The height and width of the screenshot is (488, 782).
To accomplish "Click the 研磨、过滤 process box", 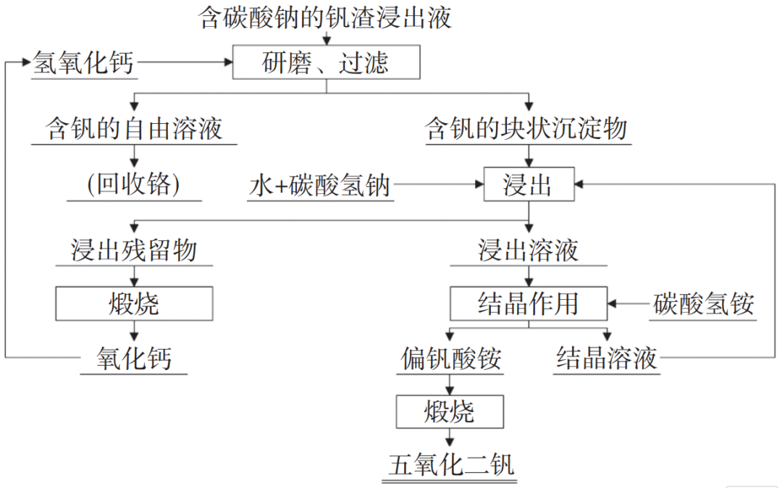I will click(326, 62).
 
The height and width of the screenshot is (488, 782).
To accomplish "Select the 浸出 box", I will click(529, 186).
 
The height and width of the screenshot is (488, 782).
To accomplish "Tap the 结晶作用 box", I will click(529, 303).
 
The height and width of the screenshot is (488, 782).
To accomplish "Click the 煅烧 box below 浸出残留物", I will click(134, 303).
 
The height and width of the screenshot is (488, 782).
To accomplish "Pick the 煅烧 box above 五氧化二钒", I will click(449, 412).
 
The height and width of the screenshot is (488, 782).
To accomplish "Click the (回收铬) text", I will click(134, 185).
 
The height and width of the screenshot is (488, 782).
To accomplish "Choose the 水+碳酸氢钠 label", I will click(320, 186).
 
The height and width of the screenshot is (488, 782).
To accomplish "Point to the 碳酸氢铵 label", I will click(703, 303).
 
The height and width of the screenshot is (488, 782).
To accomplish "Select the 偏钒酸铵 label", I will click(450, 358).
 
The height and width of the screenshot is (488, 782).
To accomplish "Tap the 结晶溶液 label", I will click(607, 358).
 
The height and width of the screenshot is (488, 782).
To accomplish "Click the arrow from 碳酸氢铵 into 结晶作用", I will click(628, 303).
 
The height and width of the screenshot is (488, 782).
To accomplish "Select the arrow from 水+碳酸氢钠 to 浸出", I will click(439, 186).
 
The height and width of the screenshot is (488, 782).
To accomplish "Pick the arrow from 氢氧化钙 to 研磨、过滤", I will click(185, 63).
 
